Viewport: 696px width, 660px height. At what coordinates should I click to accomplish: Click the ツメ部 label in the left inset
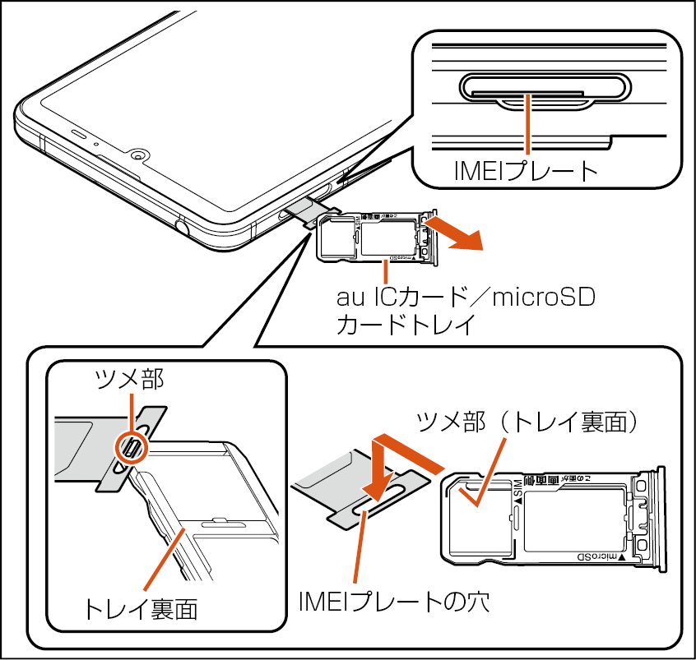(130, 378)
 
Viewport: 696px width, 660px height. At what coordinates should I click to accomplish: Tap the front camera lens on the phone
(137, 155)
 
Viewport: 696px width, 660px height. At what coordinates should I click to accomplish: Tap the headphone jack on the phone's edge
(179, 224)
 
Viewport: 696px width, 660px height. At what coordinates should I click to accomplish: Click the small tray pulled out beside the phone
(374, 237)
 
